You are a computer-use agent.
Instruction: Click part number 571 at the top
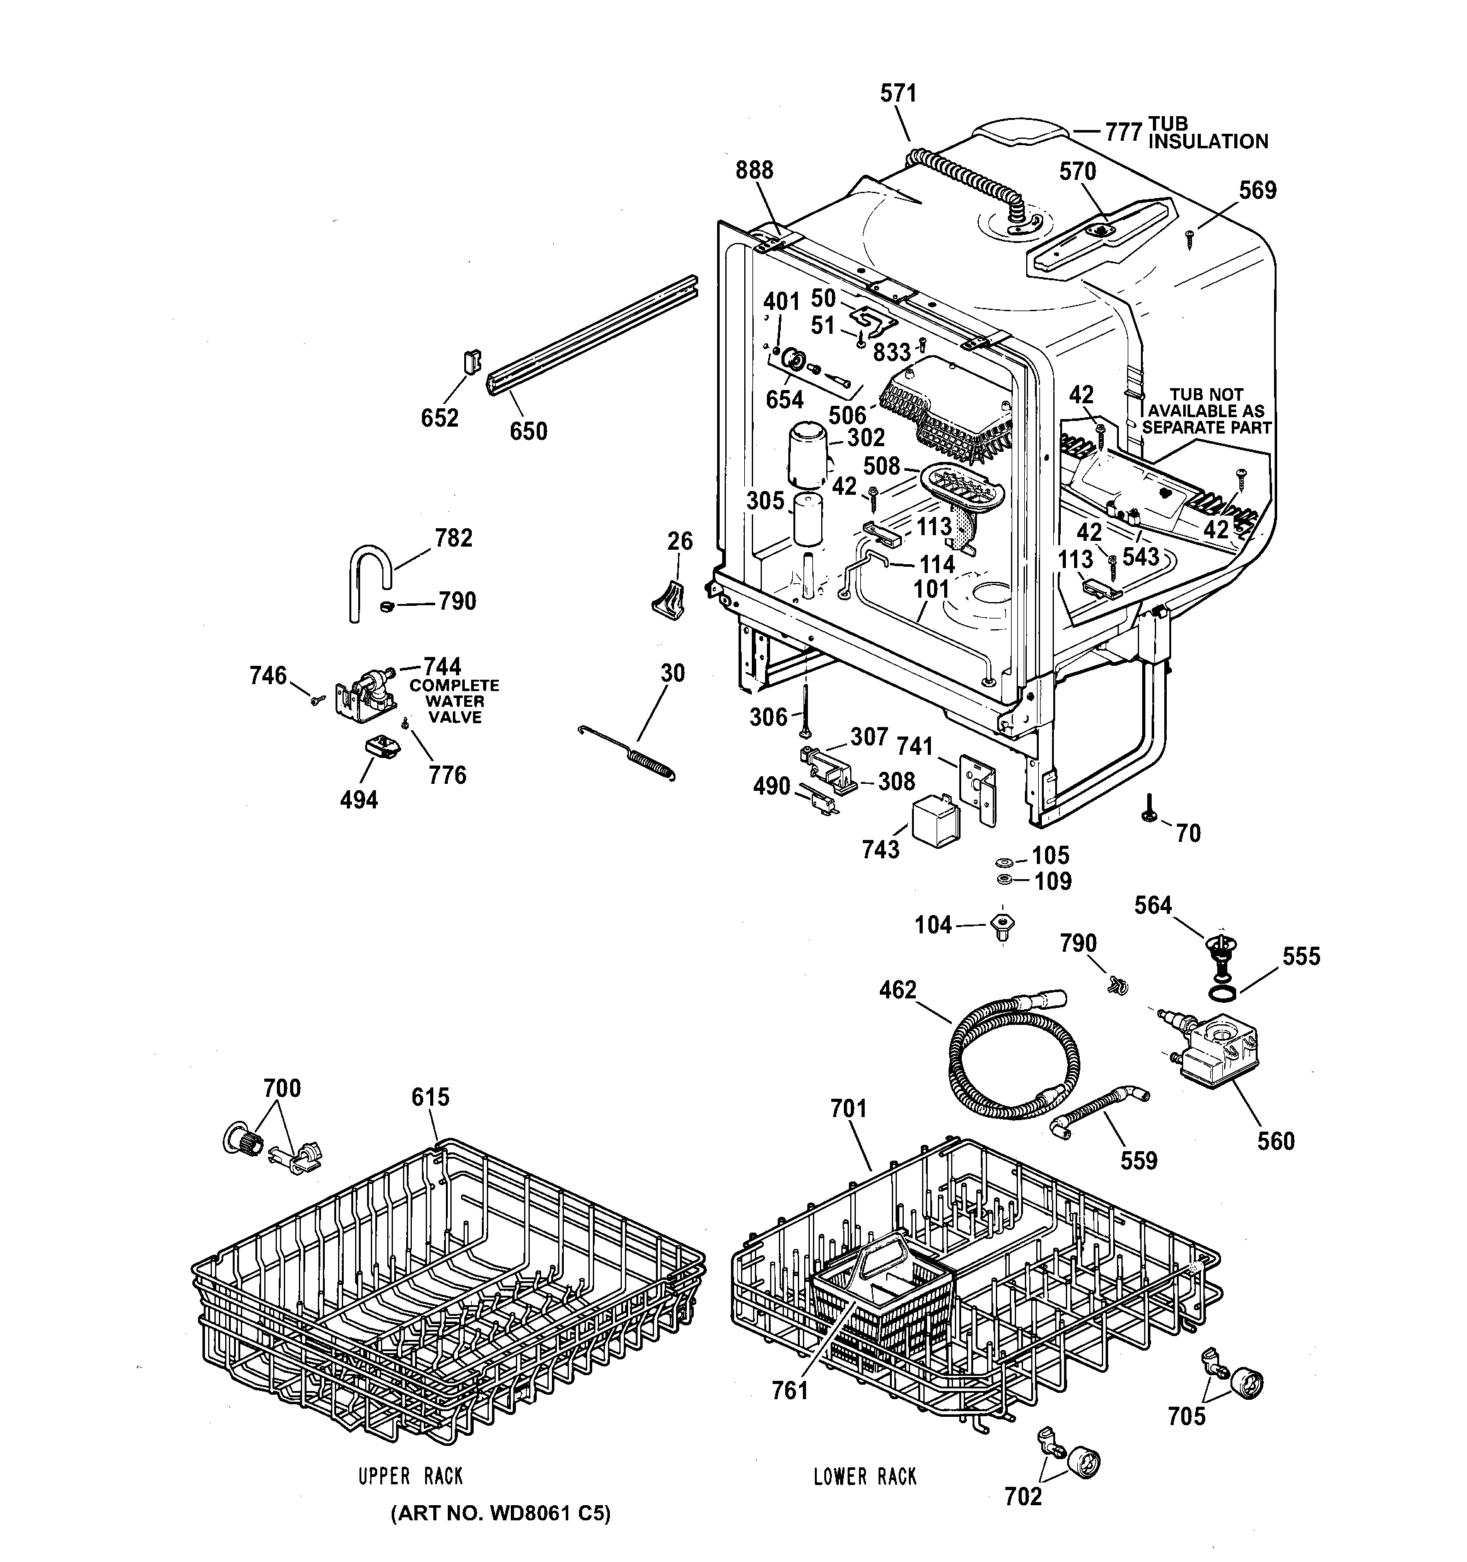898,93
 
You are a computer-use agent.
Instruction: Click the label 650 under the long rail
529,430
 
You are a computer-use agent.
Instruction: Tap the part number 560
1276,1141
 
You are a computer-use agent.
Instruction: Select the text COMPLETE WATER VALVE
455,701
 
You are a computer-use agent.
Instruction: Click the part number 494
359,800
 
